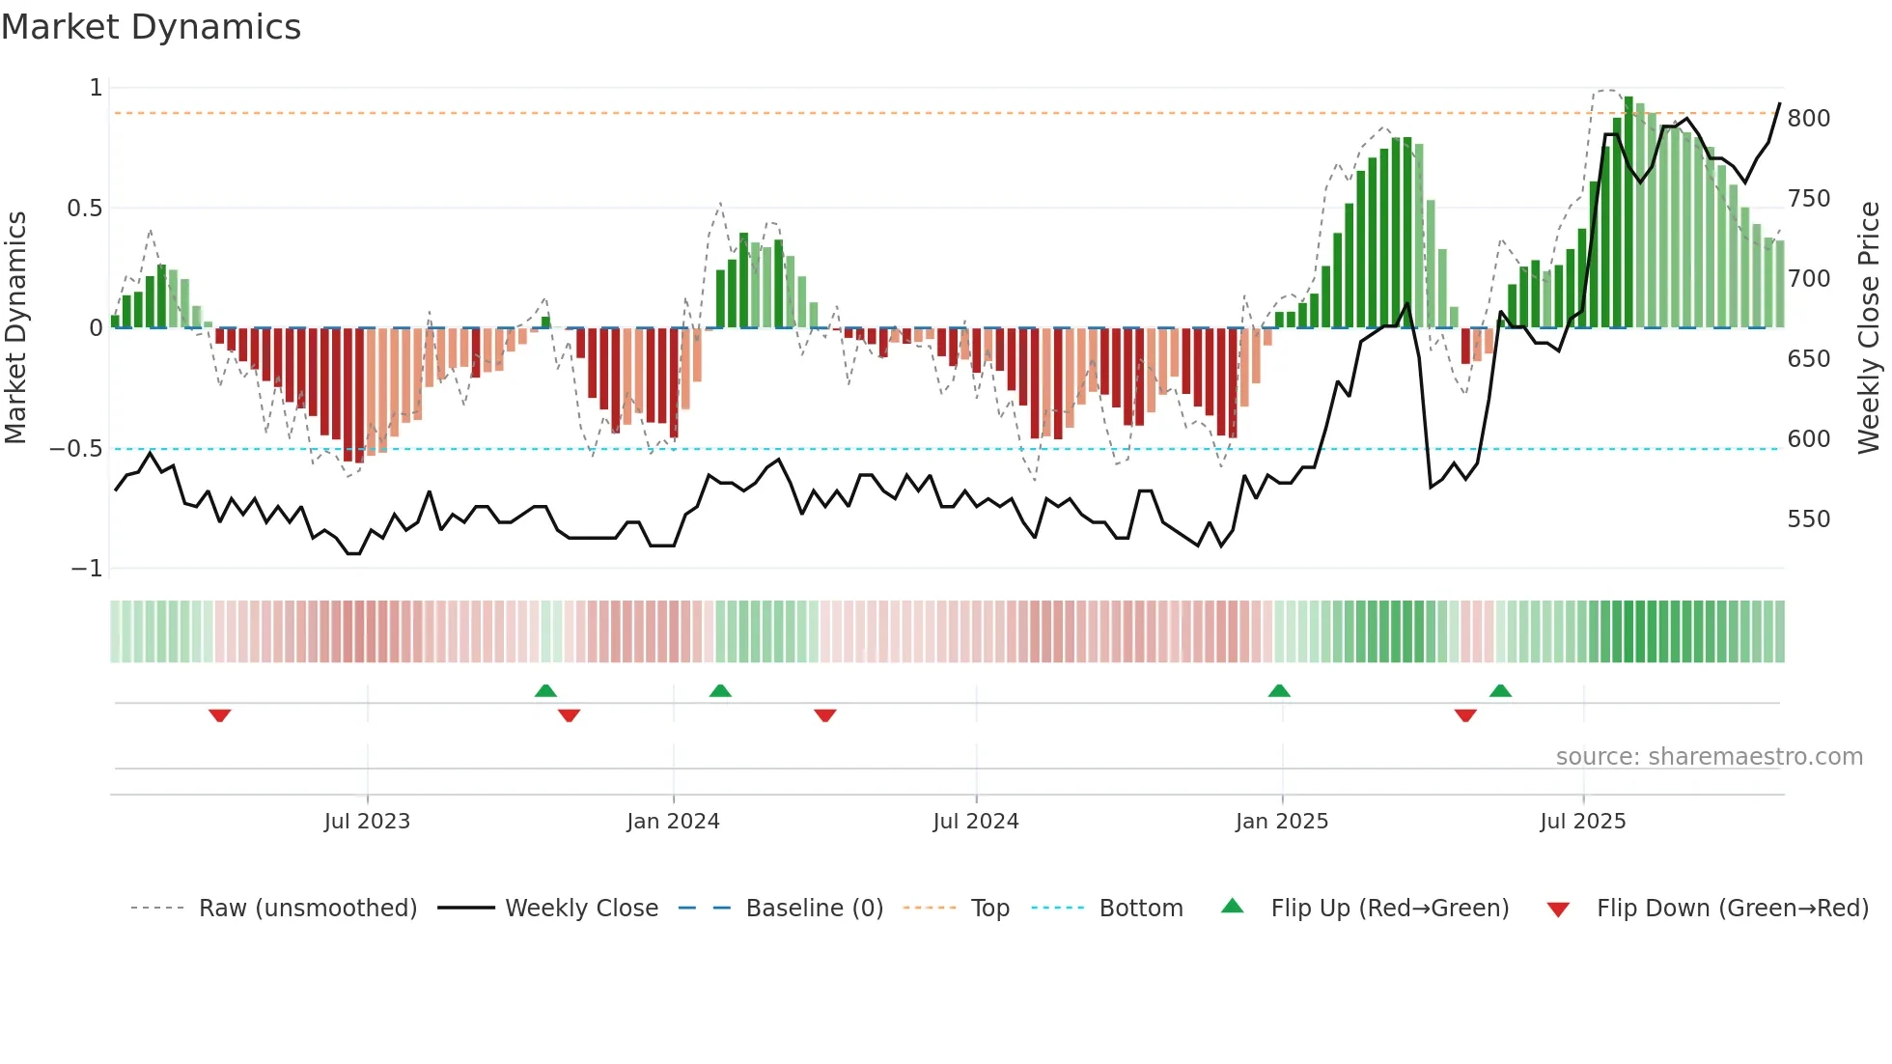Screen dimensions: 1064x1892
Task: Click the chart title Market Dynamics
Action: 151,27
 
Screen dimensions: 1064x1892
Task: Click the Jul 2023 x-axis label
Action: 367,822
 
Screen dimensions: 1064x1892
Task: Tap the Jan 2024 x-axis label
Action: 673,822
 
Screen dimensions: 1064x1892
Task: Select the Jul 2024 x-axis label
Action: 976,822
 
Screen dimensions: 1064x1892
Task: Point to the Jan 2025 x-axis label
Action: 1282,822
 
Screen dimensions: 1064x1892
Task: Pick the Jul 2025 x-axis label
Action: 1583,822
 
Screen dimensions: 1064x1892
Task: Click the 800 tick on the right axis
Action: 1808,119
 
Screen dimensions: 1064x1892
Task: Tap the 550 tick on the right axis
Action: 1808,519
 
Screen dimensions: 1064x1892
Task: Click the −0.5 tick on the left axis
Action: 75,449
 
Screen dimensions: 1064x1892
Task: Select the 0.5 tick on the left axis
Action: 84,209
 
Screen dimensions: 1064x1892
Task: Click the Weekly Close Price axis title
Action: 1869,328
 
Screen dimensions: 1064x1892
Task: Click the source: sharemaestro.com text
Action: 1709,757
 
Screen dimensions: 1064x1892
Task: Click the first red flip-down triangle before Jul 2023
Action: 220,715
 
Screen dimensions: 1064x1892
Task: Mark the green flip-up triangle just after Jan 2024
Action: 720,690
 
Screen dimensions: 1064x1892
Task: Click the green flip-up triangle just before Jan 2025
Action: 1279,690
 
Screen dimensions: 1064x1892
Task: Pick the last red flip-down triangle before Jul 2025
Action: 1465,715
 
